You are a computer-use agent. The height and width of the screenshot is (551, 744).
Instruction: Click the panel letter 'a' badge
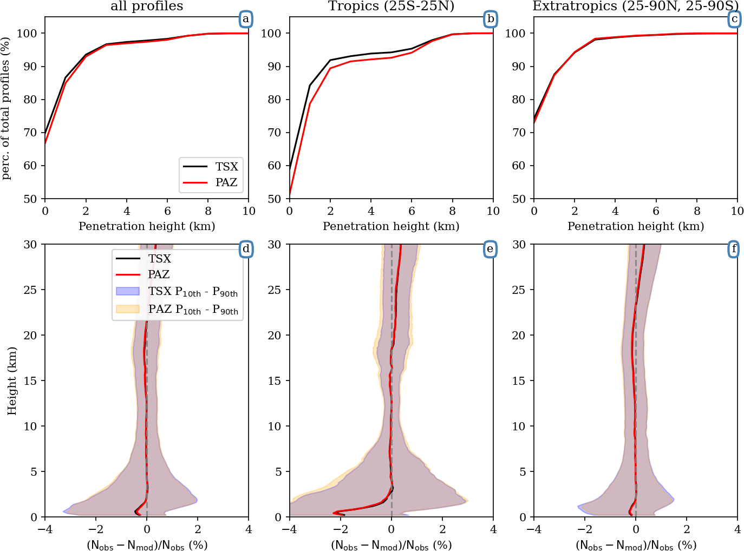click(246, 19)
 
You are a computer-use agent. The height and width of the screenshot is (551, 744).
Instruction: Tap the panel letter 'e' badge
click(490, 249)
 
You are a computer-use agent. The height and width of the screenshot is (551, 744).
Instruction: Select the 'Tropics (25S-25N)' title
click(391, 6)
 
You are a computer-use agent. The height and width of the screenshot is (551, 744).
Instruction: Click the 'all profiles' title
click(147, 6)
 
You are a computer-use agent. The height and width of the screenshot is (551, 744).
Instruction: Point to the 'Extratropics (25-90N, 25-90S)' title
click(635, 6)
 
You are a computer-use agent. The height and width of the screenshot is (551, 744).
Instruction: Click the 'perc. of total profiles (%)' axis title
click(6, 108)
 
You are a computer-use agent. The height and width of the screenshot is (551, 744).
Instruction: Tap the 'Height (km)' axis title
click(12, 381)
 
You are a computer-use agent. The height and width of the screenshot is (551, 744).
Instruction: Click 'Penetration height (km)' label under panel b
click(391, 226)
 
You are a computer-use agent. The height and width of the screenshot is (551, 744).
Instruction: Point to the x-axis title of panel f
click(636, 545)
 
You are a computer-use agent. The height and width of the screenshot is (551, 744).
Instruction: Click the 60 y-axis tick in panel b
click(275, 166)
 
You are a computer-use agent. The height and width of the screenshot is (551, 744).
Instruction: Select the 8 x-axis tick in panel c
click(697, 211)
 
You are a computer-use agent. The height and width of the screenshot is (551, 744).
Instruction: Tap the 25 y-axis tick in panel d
click(30, 290)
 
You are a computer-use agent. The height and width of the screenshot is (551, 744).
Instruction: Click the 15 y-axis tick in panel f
click(519, 381)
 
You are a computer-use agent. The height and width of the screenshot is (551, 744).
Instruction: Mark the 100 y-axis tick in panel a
click(27, 34)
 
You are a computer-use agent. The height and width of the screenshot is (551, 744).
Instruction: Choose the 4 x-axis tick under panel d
click(249, 529)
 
